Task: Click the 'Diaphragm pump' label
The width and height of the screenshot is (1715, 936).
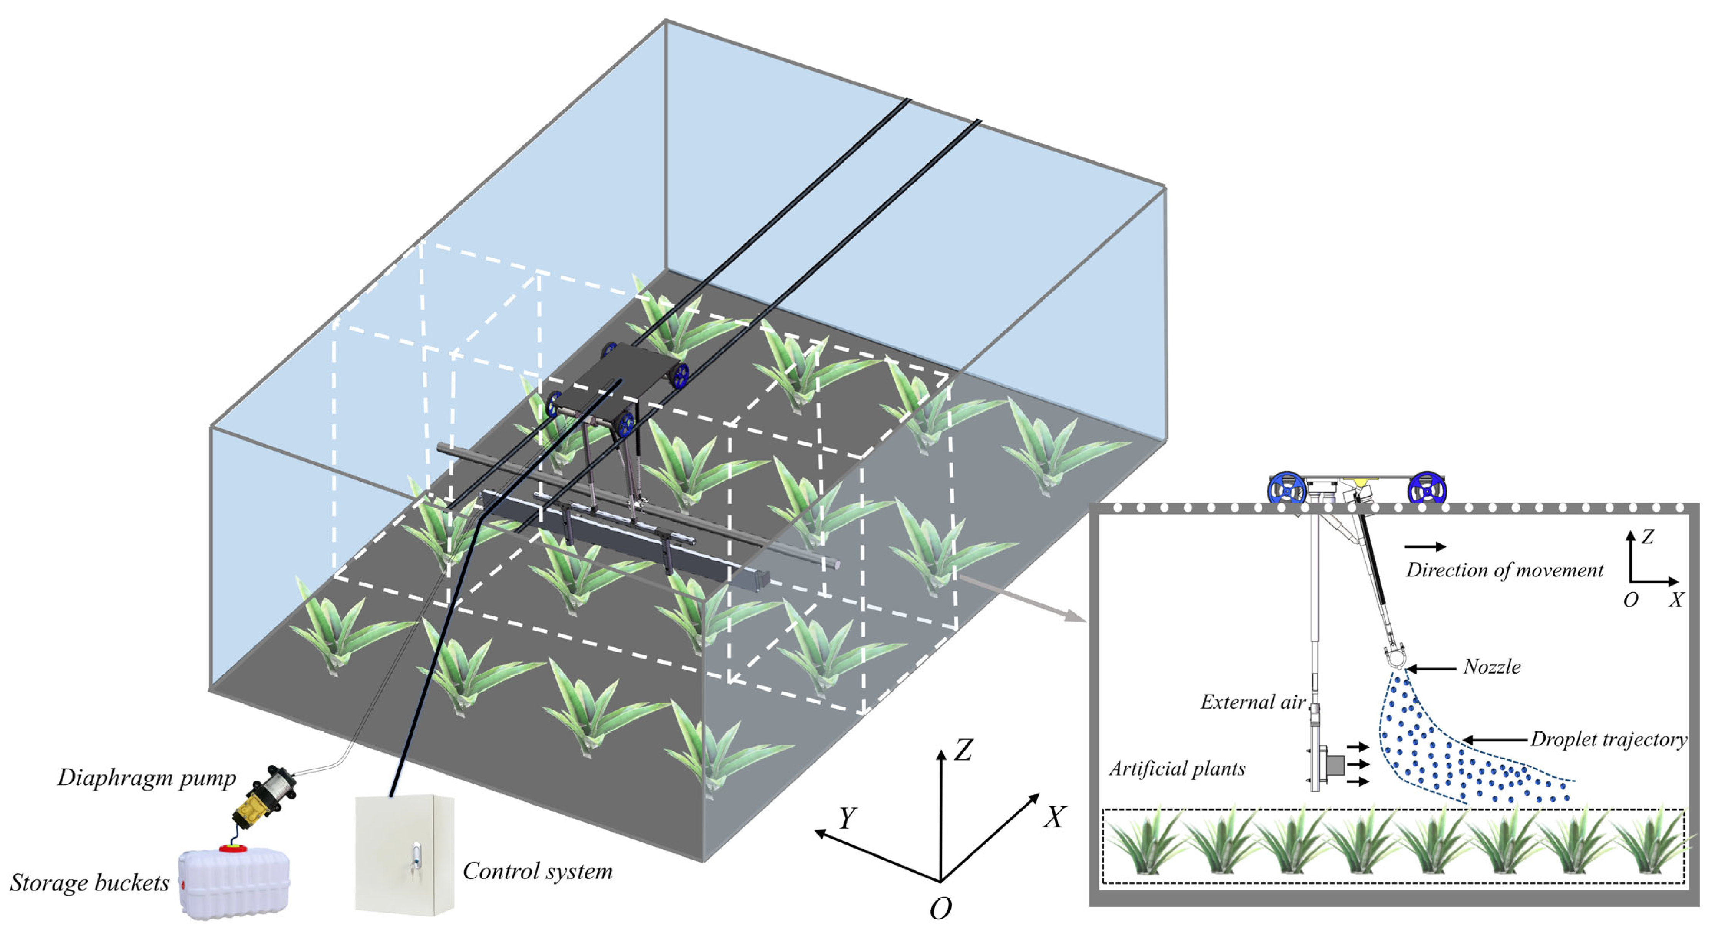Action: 147,778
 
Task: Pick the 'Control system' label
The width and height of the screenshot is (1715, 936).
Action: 537,871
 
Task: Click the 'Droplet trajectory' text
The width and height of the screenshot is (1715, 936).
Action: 1608,739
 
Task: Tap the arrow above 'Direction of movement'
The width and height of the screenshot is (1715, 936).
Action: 1425,546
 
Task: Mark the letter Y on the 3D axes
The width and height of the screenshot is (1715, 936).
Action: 847,817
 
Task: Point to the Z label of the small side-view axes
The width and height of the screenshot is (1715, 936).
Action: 1647,537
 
